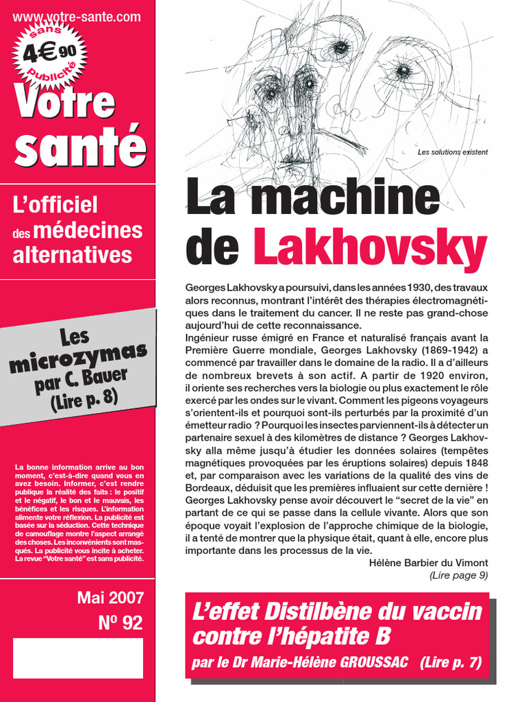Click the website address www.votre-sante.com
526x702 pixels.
(x=77, y=17)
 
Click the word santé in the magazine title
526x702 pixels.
(x=80, y=147)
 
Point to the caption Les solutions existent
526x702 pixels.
(x=453, y=152)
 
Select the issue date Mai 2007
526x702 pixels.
(x=110, y=597)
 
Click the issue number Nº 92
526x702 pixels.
(x=121, y=622)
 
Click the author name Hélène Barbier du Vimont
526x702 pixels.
(x=428, y=563)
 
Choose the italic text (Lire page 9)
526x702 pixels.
(x=458, y=576)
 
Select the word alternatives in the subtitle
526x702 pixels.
(x=73, y=255)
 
